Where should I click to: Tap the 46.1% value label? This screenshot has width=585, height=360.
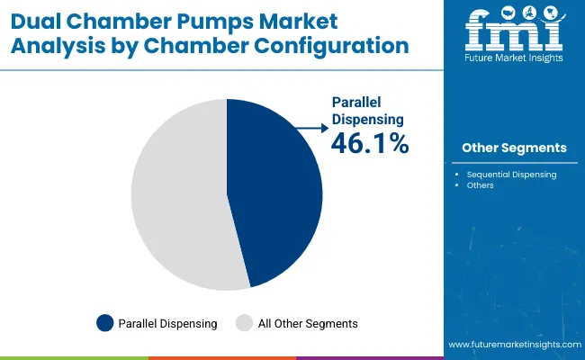370,142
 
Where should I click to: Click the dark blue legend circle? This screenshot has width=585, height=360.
104,323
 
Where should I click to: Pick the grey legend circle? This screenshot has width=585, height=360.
244,323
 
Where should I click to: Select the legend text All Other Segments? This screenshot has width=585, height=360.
308,323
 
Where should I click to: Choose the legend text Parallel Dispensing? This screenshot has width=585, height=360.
168,323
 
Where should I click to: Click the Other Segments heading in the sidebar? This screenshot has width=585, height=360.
514,148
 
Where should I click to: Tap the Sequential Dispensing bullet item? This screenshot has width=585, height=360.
511,175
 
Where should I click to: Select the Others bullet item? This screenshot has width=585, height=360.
480,185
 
